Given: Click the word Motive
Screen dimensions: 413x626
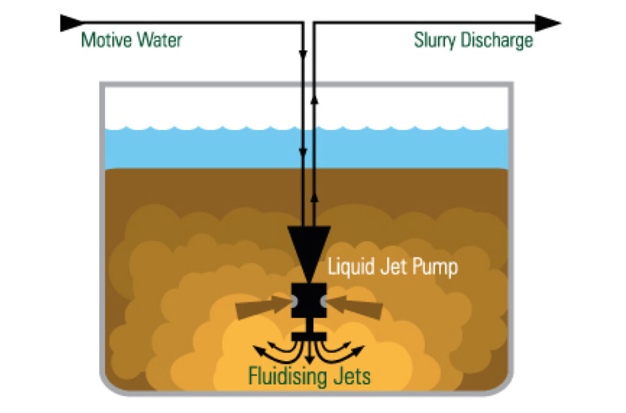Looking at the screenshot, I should point(106,41).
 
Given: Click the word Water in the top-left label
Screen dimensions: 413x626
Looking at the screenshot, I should point(158,41).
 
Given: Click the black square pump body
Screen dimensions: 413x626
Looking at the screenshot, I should point(309,301).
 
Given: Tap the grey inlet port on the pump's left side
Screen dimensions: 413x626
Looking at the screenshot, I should point(294,301).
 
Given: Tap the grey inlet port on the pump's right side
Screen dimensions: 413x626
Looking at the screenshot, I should point(323,301).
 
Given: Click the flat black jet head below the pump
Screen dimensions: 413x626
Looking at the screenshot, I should point(309,336).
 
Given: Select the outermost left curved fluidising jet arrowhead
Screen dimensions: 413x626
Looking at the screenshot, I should point(257,351).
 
